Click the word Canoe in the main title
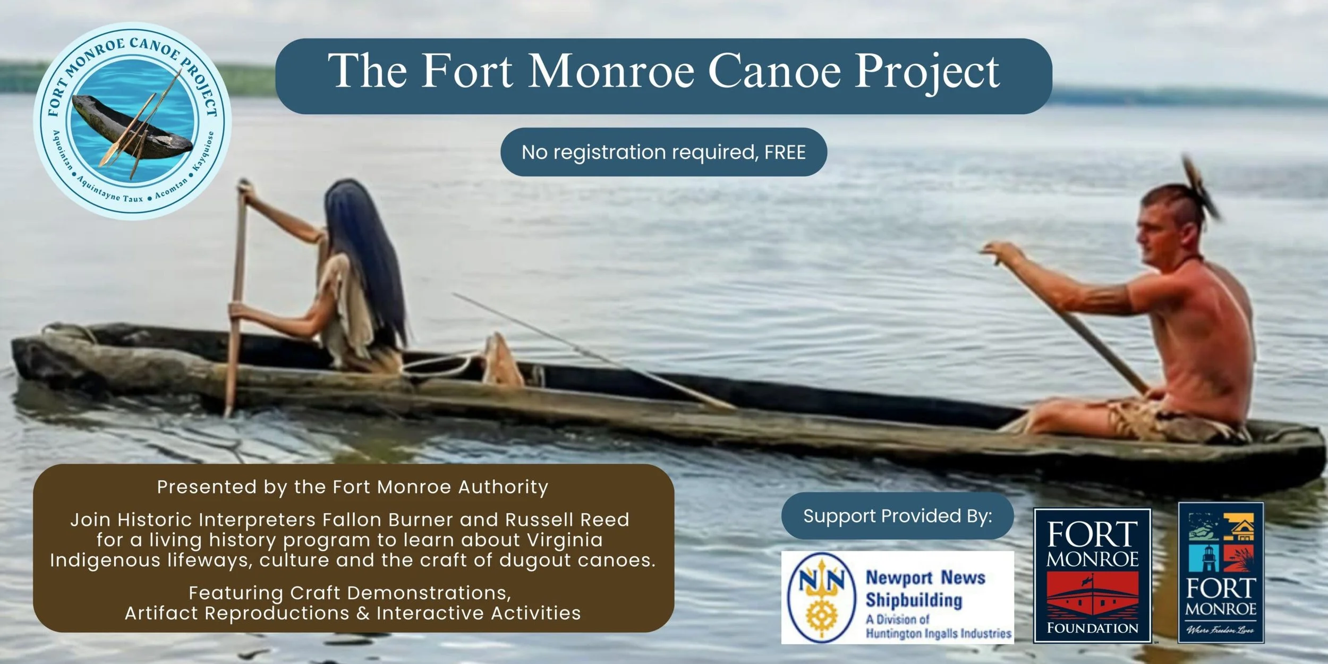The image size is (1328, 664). point(774,72)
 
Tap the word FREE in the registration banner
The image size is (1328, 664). point(785,152)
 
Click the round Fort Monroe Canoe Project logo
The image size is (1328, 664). point(132,121)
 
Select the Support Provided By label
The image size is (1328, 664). point(897,516)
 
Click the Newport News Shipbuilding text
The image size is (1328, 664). point(925,589)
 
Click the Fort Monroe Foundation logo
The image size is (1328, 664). point(1092,575)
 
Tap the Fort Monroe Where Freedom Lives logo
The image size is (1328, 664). point(1221,573)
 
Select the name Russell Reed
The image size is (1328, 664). point(567,520)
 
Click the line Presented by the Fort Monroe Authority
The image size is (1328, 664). point(352,487)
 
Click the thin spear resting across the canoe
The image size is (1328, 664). point(584,351)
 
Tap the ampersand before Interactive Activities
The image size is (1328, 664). point(363,613)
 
